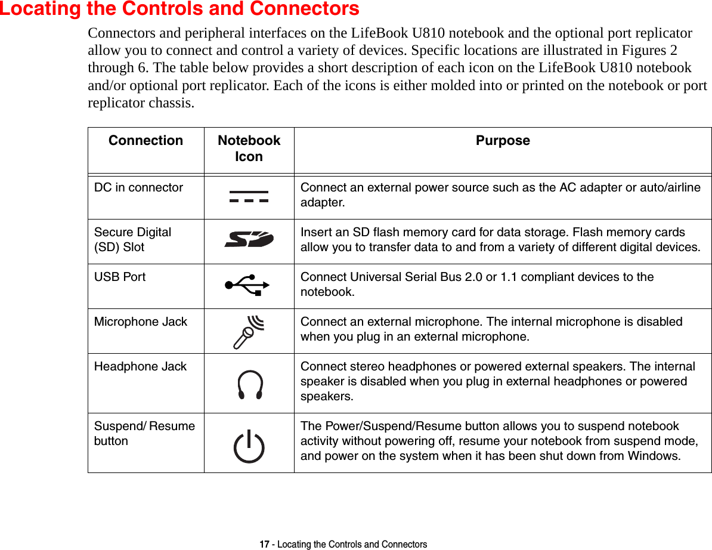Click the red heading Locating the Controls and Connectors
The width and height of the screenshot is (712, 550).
click(179, 9)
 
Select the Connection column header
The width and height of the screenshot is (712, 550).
click(146, 141)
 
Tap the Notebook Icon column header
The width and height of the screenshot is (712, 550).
click(249, 148)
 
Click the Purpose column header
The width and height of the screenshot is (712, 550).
click(503, 141)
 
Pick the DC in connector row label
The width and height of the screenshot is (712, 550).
click(138, 187)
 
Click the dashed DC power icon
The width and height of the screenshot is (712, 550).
click(249, 197)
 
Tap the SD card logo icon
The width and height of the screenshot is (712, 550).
click(249, 240)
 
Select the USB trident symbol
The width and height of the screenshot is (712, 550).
click(249, 285)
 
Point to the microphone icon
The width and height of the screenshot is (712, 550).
click(249, 331)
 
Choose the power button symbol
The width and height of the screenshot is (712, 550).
click(249, 447)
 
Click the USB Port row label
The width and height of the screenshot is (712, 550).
click(120, 277)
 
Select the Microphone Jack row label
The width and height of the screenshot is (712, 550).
click(141, 322)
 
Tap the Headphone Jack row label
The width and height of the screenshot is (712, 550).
click(140, 366)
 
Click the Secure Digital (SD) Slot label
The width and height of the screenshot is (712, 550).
click(132, 239)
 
